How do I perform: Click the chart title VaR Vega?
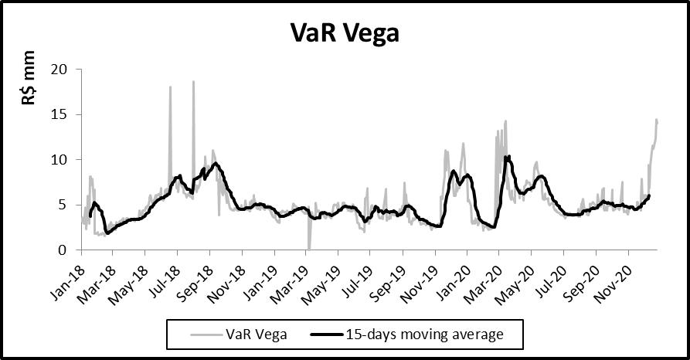pyautogui.click(x=345, y=33)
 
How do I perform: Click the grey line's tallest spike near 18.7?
pyautogui.click(x=193, y=81)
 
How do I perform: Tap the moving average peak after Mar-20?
pyautogui.click(x=507, y=157)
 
